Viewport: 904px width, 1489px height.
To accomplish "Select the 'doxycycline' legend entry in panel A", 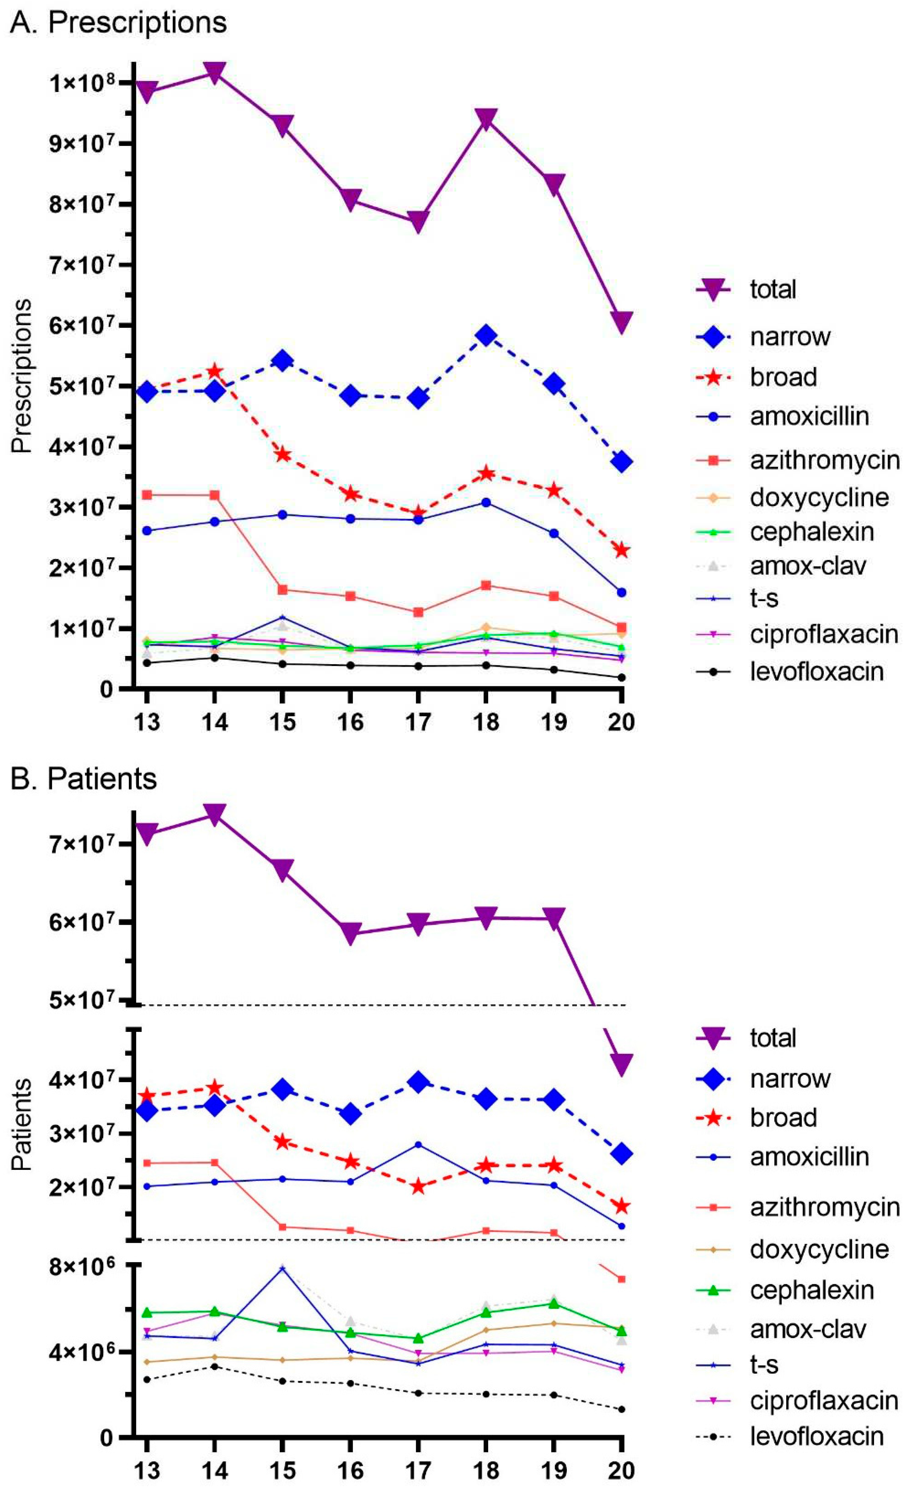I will pos(819,497).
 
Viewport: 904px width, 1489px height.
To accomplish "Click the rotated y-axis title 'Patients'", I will pos(22,1124).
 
